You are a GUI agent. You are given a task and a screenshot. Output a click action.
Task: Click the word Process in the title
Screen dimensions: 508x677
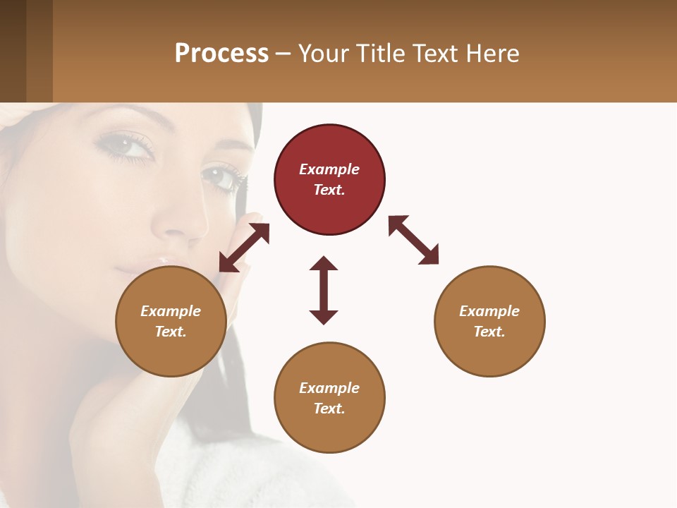(x=221, y=54)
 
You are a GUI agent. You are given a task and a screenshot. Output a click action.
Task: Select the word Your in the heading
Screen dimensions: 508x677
(x=323, y=54)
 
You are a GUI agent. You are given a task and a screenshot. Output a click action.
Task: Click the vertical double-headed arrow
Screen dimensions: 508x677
(x=324, y=290)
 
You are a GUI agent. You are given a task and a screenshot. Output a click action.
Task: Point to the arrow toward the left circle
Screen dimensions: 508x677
(x=244, y=248)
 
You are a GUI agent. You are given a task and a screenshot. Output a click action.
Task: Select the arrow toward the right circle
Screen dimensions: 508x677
(x=413, y=240)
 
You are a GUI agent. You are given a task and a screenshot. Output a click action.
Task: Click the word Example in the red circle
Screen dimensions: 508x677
(x=329, y=169)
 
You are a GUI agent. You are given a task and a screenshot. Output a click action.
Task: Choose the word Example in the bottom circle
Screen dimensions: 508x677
(x=329, y=388)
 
